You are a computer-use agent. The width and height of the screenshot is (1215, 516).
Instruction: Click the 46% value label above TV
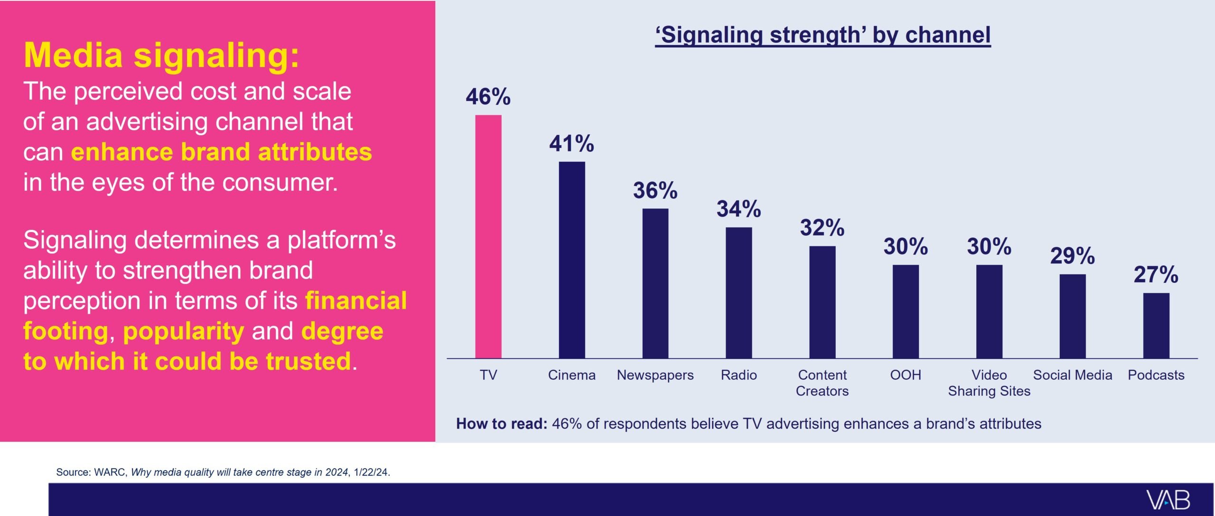pyautogui.click(x=488, y=97)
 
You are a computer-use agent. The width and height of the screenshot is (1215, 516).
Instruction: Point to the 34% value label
pyautogui.click(x=738, y=209)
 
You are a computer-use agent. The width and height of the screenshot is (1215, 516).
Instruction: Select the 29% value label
pyautogui.click(x=1073, y=256)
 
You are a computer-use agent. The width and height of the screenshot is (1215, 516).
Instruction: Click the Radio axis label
pyautogui.click(x=738, y=375)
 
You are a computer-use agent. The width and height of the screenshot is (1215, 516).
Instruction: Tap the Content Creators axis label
pyautogui.click(x=822, y=383)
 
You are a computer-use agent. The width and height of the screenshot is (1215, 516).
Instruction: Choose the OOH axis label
pyautogui.click(x=906, y=375)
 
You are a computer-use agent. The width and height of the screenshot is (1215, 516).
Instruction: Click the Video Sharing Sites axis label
pyautogui.click(x=989, y=383)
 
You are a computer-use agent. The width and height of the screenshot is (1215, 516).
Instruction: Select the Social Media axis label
pyautogui.click(x=1073, y=375)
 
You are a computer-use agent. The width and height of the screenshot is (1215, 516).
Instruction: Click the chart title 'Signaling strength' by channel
pyautogui.click(x=822, y=35)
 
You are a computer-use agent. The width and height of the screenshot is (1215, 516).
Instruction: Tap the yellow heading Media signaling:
pyautogui.click(x=161, y=55)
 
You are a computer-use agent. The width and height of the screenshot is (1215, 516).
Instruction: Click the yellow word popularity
pyautogui.click(x=184, y=331)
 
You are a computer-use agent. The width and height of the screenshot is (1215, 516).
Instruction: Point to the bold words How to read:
pyautogui.click(x=502, y=423)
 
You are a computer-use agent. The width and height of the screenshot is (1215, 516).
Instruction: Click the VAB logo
pyautogui.click(x=1168, y=500)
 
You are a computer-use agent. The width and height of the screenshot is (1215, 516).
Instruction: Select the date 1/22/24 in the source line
pyautogui.click(x=371, y=472)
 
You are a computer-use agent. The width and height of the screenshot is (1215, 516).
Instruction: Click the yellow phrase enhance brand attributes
pyautogui.click(x=221, y=152)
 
